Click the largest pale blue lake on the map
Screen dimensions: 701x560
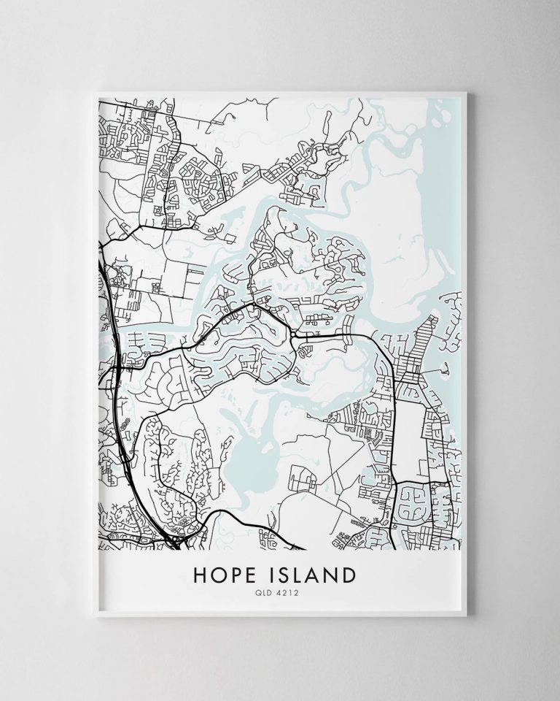click(x=244, y=456)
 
